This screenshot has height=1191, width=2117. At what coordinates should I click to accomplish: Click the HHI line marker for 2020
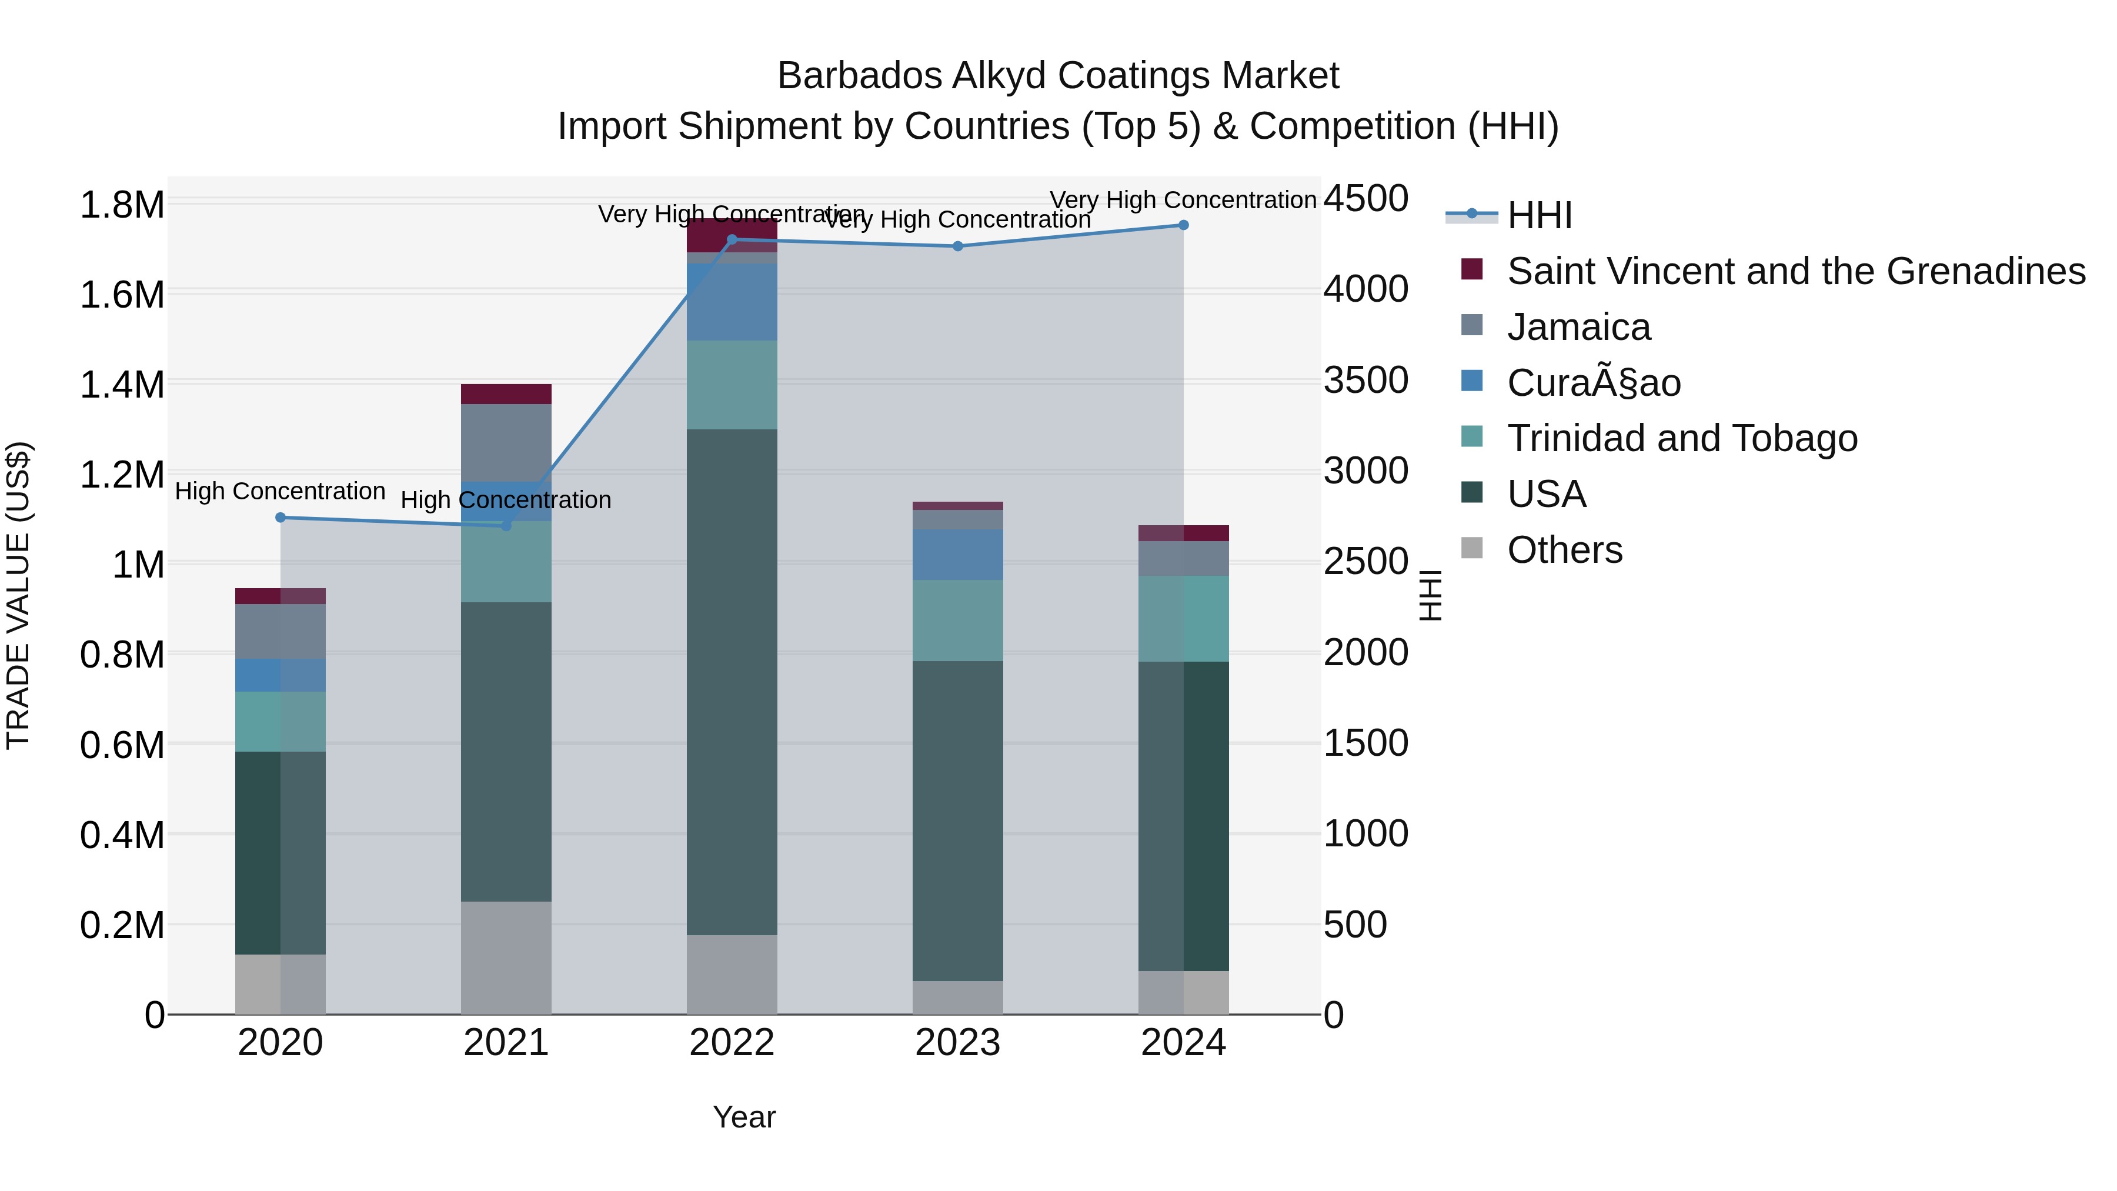281,518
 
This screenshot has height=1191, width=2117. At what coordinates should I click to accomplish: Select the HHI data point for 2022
732,240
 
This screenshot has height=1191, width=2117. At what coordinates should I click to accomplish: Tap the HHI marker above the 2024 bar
1183,225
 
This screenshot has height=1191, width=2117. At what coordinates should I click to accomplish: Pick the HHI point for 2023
957,246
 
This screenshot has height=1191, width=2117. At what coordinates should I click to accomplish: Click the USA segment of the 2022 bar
732,682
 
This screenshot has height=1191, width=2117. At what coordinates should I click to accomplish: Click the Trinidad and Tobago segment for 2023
957,620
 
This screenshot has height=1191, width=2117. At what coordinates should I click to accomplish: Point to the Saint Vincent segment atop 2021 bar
505,393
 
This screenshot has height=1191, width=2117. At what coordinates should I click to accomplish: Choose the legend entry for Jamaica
1578,327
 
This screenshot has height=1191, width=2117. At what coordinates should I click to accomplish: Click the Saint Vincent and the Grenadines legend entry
1796,271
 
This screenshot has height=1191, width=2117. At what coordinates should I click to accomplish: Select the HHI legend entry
1540,215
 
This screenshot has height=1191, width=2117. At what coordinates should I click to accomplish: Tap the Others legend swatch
1472,548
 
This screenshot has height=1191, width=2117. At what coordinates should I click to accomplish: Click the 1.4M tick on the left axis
122,385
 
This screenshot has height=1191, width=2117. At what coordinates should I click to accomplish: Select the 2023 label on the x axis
957,1043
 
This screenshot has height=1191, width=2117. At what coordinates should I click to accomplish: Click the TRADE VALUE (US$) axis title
19,596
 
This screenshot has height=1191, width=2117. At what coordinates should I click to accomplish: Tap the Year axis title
744,1117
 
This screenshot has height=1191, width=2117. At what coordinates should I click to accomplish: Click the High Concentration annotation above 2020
281,492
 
